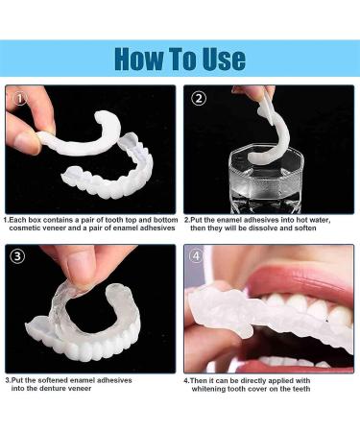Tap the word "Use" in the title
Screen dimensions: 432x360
point(224,58)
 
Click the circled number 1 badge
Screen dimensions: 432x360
point(22,98)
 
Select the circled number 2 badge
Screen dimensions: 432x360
point(199,98)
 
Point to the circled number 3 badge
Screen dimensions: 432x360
point(22,256)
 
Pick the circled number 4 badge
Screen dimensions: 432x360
point(199,256)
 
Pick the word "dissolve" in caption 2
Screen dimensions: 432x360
point(276,228)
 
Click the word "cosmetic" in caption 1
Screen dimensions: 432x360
point(33,228)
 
